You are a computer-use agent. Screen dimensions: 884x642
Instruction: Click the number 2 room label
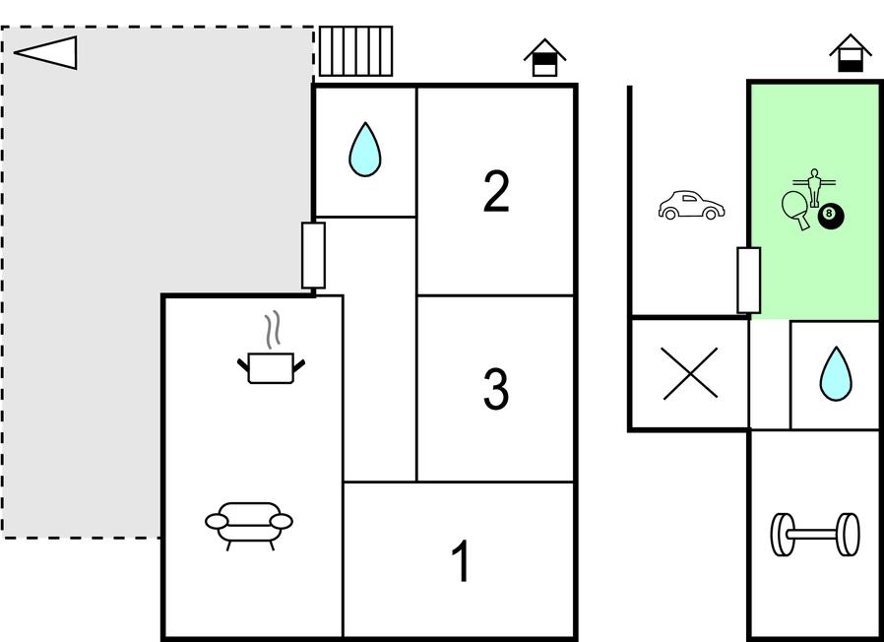pos(496,191)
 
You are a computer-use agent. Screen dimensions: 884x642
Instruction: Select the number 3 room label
pos(496,388)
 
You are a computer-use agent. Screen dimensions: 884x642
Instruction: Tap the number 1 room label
pos(461,560)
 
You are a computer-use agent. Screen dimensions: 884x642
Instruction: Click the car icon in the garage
pos(691,206)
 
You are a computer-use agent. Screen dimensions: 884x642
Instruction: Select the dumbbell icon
pos(815,535)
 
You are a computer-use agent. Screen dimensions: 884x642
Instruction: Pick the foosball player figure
pos(813,187)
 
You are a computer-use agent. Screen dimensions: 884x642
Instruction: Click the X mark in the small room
pos(690,373)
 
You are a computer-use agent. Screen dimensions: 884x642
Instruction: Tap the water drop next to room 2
pos(365,150)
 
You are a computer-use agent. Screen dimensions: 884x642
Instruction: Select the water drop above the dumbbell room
pos(836,374)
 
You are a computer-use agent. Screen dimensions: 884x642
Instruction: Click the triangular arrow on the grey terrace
pos(45,53)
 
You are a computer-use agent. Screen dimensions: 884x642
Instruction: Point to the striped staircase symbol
pos(355,51)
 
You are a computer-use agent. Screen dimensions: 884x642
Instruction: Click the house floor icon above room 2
pos(544,57)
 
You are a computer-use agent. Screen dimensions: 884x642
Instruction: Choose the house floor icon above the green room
pos(851,53)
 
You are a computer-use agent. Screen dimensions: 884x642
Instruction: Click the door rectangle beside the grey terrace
pos(313,256)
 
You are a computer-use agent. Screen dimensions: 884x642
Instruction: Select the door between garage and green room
pos(749,280)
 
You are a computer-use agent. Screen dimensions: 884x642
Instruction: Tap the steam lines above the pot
pos(273,330)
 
